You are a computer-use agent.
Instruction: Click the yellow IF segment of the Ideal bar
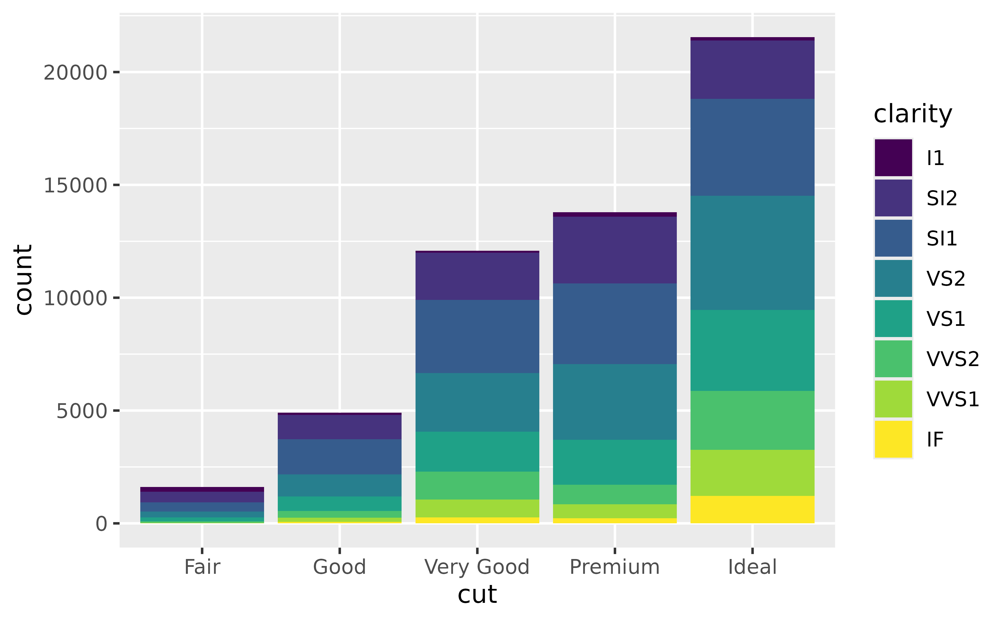[752, 509]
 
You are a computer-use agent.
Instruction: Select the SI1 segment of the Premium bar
[614, 324]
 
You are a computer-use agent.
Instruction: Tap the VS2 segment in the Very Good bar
[477, 402]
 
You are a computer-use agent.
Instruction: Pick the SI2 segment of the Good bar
[340, 427]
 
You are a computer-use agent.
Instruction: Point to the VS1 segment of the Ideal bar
[752, 350]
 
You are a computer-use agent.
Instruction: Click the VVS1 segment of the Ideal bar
[752, 473]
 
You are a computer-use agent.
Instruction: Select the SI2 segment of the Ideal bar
[752, 70]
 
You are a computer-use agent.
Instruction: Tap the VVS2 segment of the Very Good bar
[477, 486]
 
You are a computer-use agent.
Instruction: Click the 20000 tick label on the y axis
[75, 73]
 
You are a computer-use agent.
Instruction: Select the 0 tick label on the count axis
[101, 524]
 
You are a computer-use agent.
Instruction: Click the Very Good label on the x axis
[477, 567]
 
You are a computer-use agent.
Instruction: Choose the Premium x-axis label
[614, 567]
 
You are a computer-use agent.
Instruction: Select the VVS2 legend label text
[953, 359]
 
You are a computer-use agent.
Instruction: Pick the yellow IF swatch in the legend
[893, 439]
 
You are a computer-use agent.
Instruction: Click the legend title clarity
[912, 114]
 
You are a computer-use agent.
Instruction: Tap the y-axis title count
[23, 280]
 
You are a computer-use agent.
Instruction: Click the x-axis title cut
[477, 594]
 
